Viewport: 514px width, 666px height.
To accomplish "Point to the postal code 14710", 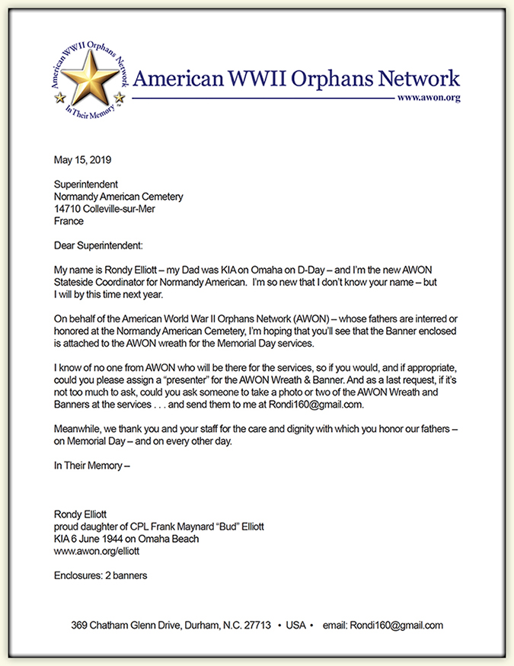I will click(x=69, y=209).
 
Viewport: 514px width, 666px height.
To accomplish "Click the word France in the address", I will click(x=69, y=221).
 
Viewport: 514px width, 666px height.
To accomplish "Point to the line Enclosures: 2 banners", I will click(x=101, y=576).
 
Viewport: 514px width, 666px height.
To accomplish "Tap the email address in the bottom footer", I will click(x=395, y=626).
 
